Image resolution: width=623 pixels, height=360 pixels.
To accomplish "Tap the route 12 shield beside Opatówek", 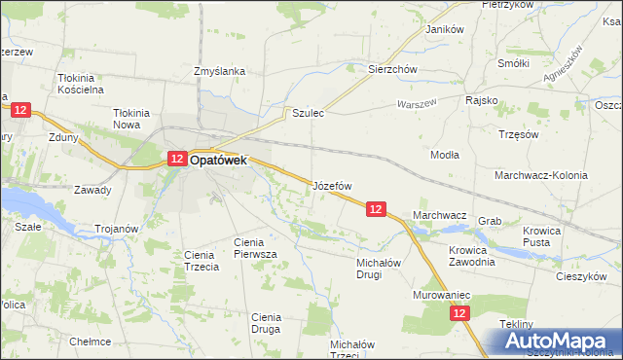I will (x=176, y=159).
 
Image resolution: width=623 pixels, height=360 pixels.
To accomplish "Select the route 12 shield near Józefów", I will (x=377, y=208).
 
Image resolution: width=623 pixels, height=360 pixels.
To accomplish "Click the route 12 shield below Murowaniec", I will (x=460, y=313).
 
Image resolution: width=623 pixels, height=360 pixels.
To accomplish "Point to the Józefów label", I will (x=332, y=185).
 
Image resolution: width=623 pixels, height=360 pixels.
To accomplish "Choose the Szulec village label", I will (x=308, y=113).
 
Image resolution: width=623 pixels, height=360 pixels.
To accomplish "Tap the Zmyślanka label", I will (x=219, y=71).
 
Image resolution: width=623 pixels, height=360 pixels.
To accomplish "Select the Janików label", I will (x=444, y=29).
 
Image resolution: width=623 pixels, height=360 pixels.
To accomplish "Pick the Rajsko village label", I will (x=482, y=100).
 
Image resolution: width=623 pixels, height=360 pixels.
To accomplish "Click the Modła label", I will (x=445, y=154).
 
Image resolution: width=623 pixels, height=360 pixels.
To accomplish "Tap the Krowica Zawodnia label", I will (x=472, y=255).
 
